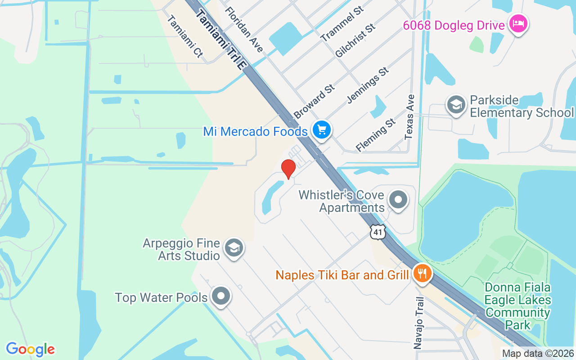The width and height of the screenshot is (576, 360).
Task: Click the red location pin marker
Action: (x=288, y=169)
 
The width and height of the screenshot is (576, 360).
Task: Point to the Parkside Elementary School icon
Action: (x=456, y=105)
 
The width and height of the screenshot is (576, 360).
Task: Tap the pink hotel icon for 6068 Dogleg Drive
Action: (x=518, y=24)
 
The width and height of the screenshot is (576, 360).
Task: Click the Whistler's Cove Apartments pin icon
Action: (x=398, y=200)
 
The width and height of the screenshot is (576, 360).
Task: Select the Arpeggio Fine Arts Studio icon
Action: (x=234, y=248)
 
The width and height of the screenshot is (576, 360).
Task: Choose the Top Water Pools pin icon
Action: (x=220, y=296)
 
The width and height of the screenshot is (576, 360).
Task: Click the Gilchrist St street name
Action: (x=355, y=41)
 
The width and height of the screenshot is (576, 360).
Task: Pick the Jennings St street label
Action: (x=368, y=85)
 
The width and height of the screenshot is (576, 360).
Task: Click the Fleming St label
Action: (x=376, y=135)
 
